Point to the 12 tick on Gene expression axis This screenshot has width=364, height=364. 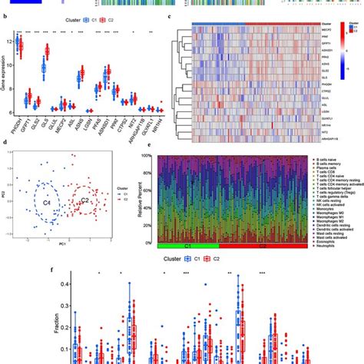pyautogui.click(x=17, y=43)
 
